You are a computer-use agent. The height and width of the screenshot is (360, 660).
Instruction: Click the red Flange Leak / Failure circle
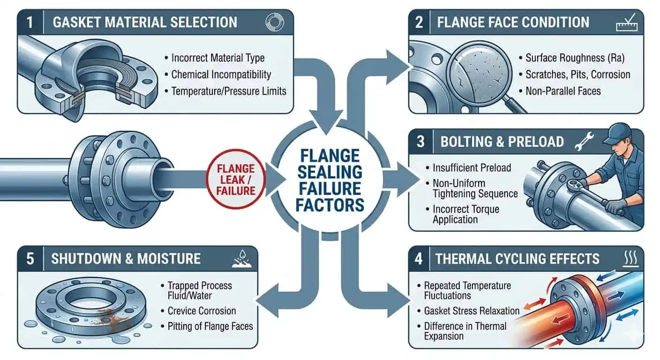(236, 180)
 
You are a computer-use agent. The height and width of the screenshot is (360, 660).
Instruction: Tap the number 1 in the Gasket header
(30, 22)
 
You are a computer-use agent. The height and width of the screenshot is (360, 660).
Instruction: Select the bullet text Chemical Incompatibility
(221, 74)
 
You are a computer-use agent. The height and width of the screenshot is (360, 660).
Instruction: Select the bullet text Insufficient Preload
(472, 168)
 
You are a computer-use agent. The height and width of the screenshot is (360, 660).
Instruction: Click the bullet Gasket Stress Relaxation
(472, 311)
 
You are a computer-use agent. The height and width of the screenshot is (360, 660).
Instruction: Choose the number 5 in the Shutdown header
(30, 258)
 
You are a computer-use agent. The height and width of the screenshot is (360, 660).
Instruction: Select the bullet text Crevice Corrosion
(202, 311)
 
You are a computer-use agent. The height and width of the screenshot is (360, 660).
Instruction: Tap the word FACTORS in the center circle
(330, 205)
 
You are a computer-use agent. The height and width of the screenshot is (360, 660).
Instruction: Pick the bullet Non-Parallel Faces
(562, 90)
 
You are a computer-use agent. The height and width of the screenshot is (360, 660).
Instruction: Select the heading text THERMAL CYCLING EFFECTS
(517, 258)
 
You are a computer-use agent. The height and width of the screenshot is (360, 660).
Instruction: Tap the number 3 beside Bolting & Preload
(420, 141)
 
